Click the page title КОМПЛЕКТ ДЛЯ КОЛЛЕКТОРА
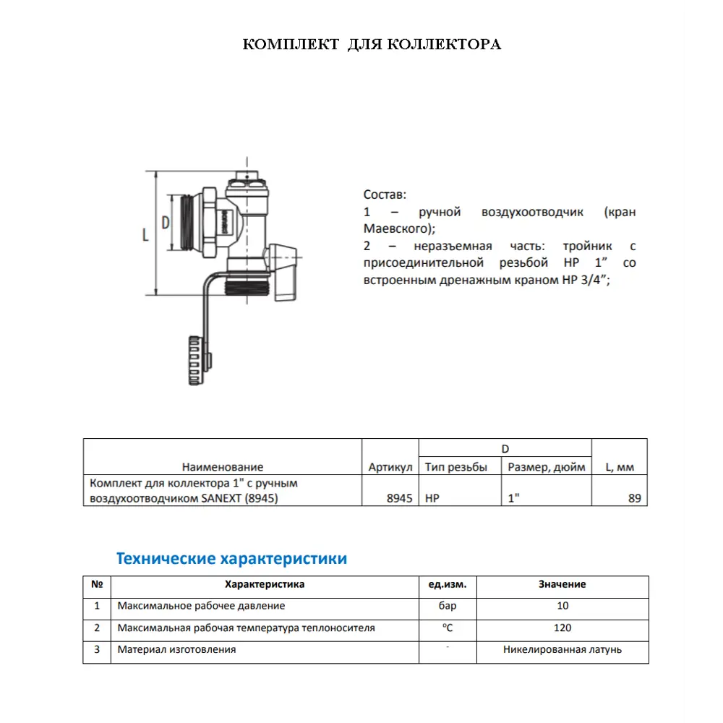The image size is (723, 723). pos(372,45)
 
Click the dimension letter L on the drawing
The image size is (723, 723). pos(146,234)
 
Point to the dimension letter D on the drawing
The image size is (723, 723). pos(165,223)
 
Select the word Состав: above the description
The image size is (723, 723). pos(385,194)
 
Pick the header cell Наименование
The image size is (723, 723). pos(223,467)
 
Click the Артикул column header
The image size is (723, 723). pos(390,467)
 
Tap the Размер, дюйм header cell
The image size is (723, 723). pos(547,467)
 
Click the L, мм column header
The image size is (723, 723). pos(619,467)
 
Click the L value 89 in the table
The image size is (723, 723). pos(634,498)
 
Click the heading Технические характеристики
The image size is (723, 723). pos(231,559)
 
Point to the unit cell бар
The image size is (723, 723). pos(448,606)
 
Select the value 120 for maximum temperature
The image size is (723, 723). pos(562,628)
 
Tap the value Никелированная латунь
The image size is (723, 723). pos(562,649)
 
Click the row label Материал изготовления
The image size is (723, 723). pos(176,649)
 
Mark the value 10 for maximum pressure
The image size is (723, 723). pos(562,606)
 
